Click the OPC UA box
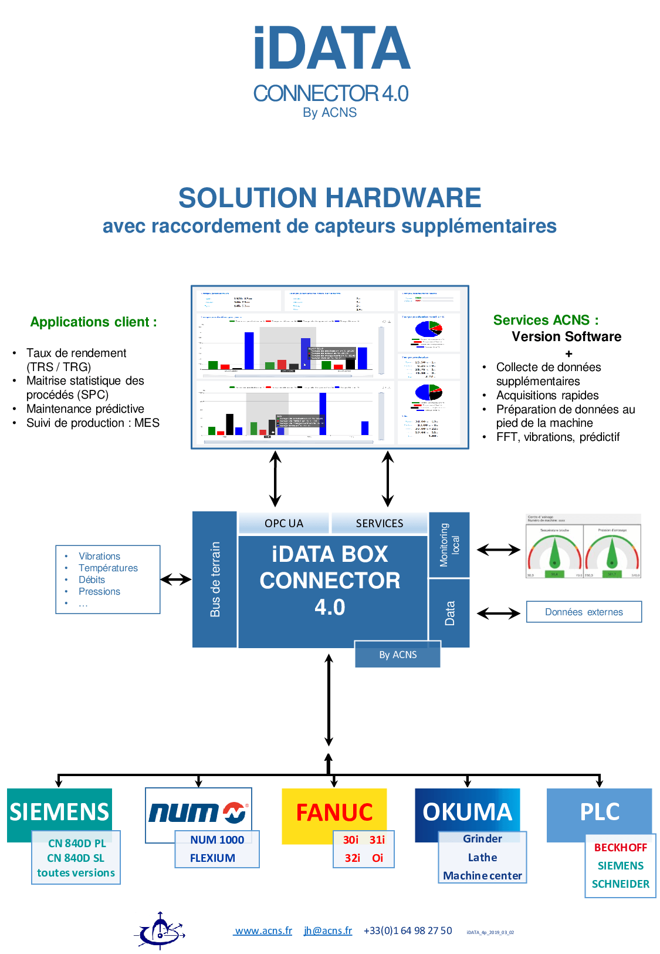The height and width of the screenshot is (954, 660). tap(283, 523)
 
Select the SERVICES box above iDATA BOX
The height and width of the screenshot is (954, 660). tap(379, 523)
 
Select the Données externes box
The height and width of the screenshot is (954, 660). tap(584, 612)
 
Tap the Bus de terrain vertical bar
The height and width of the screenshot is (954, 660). tap(215, 579)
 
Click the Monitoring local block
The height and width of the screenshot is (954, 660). tap(449, 545)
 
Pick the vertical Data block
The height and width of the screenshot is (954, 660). tap(449, 613)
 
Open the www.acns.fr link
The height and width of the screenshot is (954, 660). tap(263, 931)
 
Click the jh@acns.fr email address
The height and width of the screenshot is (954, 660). tap(328, 931)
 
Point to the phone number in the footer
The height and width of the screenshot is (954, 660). tap(408, 931)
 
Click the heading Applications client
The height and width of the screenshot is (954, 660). tap(93, 322)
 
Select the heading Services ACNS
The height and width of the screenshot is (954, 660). tap(546, 320)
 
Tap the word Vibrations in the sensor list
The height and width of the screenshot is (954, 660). tap(99, 556)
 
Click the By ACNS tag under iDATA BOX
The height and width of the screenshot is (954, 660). tap(398, 655)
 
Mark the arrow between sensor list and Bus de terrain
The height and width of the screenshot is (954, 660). tap(176, 579)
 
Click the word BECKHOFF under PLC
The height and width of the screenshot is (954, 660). tap(620, 847)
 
